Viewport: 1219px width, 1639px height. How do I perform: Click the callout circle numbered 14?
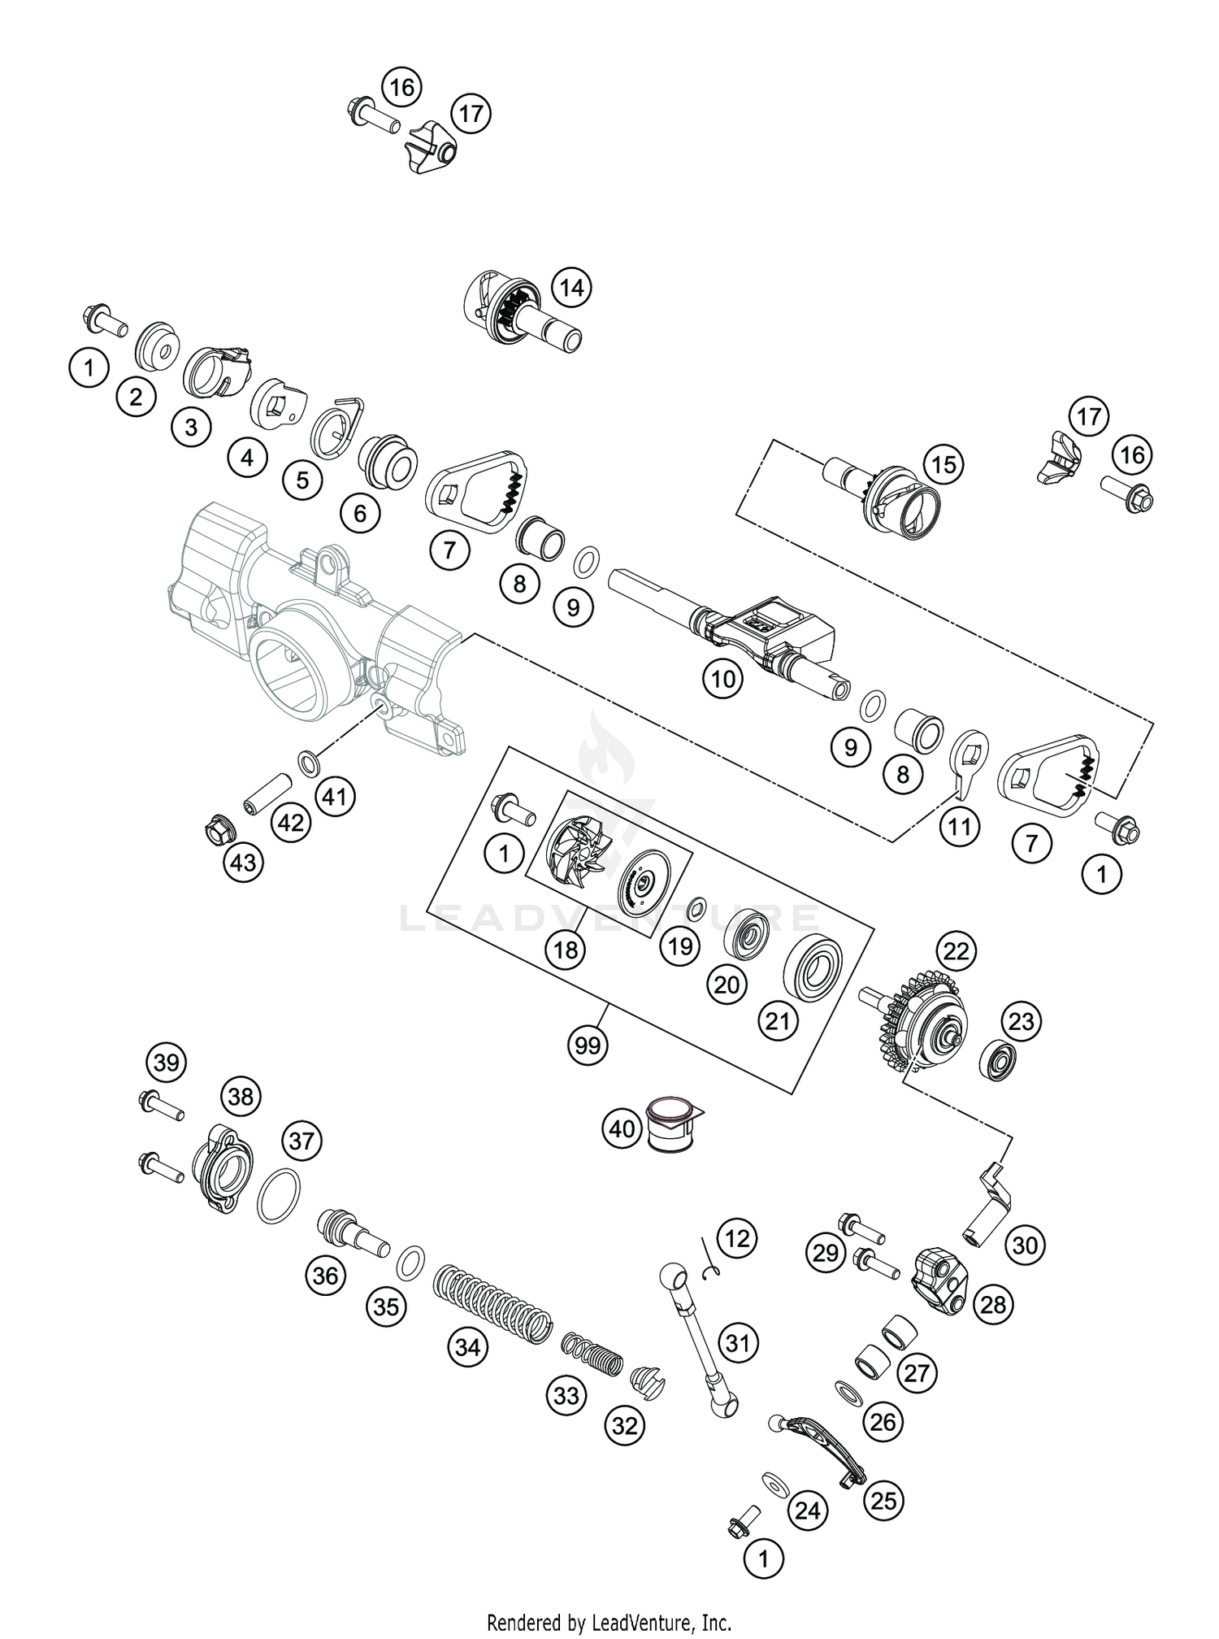[571, 288]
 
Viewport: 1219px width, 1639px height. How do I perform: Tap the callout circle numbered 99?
[588, 1044]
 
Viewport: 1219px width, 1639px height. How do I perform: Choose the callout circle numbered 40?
[623, 1129]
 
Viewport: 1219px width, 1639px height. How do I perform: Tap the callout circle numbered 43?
[244, 862]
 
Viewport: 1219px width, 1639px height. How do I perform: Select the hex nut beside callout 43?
[216, 828]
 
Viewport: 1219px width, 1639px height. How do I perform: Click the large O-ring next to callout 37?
[279, 1195]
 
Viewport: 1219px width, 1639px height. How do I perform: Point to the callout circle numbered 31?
[737, 1343]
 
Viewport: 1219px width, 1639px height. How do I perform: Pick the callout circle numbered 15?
[944, 465]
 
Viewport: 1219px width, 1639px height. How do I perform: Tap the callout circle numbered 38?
[241, 1097]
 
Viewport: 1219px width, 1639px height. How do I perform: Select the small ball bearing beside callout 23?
[997, 1057]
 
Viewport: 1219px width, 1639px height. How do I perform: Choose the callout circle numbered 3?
[191, 428]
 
